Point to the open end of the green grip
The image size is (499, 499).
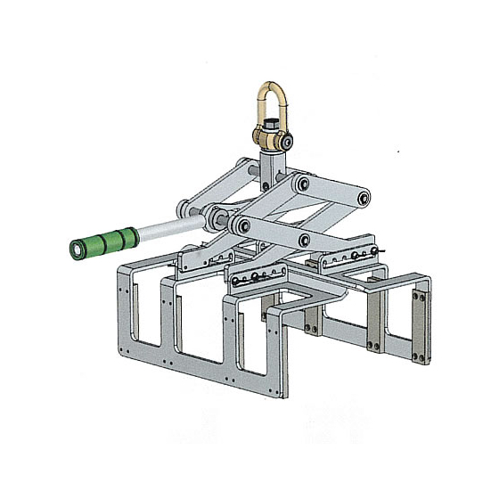pyautogui.click(x=74, y=250)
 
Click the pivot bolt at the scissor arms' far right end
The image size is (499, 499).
pyautogui.click(x=364, y=199)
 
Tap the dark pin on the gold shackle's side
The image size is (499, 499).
pyautogui.click(x=288, y=139)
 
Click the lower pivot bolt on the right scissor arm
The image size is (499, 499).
pyautogui.click(x=307, y=239)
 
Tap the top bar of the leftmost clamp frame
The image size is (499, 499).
pyautogui.click(x=143, y=266)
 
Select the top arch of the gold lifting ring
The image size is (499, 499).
pyautogui.click(x=268, y=86)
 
